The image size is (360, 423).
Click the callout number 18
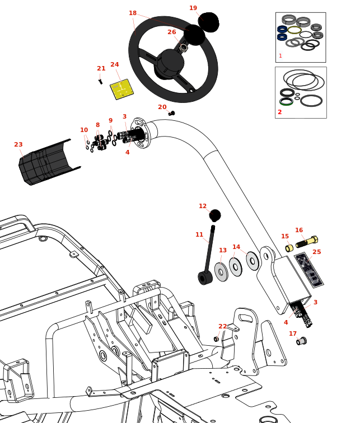tap(133, 13)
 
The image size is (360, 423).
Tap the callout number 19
tap(193, 8)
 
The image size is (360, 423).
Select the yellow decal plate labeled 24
tap(121, 89)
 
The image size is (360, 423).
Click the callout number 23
tap(18, 145)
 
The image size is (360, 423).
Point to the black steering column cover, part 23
tap(48, 162)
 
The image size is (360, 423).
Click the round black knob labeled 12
tap(215, 215)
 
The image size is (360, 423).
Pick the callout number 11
tap(199, 235)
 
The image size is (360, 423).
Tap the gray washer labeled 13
tap(221, 272)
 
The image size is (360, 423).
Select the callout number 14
tap(236, 247)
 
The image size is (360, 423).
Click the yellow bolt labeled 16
tap(307, 242)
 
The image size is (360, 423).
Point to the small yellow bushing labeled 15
tap(289, 248)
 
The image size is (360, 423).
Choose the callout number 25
tap(317, 252)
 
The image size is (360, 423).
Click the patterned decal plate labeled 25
tap(309, 270)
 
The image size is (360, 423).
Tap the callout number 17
tap(293, 334)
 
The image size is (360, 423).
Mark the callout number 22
tap(223, 327)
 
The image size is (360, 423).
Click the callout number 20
tap(162, 107)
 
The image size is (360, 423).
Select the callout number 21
tap(101, 69)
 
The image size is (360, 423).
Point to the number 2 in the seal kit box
tap(280, 112)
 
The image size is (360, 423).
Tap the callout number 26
tap(172, 32)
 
